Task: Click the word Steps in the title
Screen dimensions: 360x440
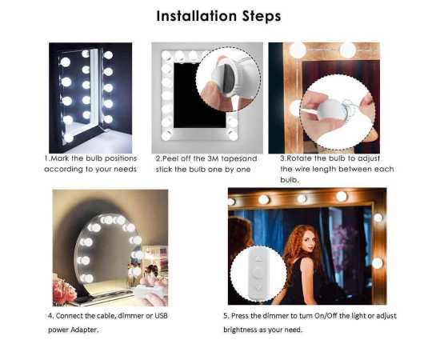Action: pyautogui.click(x=258, y=16)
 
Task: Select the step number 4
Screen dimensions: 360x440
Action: pyautogui.click(x=50, y=316)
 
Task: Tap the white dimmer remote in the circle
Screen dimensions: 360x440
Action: pyautogui.click(x=258, y=273)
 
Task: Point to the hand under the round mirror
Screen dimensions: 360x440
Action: pyautogui.click(x=151, y=280)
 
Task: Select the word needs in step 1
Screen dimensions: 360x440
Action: pyautogui.click(x=126, y=169)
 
